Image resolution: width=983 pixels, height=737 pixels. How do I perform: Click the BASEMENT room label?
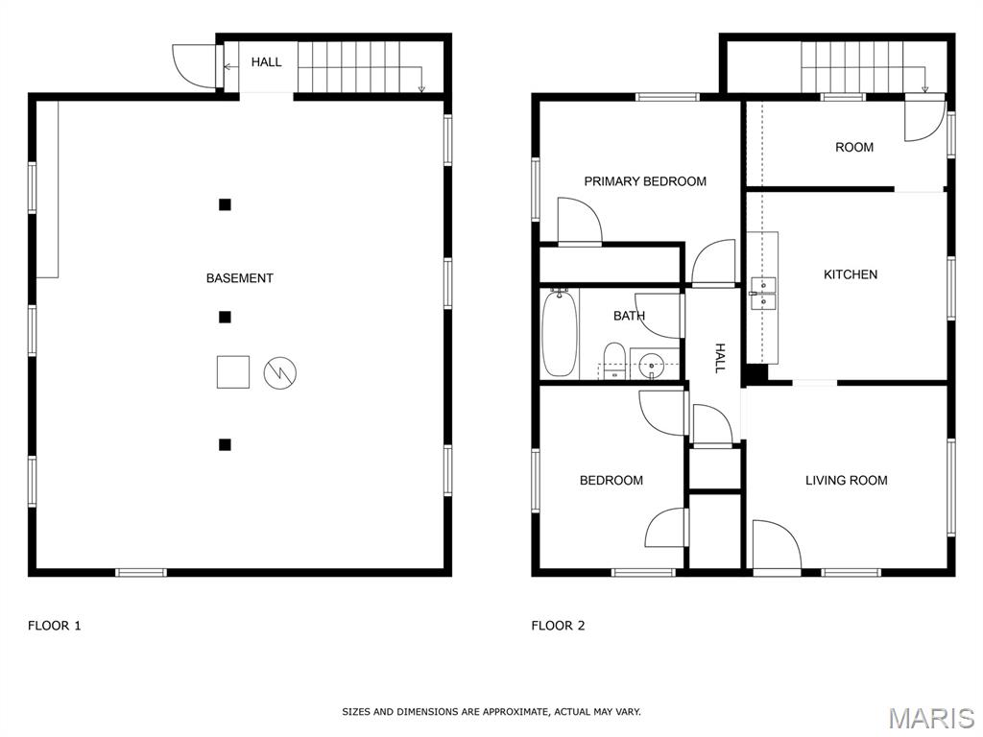click(239, 278)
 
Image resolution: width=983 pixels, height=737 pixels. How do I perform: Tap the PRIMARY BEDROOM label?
click(645, 181)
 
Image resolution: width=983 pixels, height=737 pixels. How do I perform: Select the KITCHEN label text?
click(851, 274)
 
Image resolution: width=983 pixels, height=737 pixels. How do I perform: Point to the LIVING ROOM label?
click(847, 481)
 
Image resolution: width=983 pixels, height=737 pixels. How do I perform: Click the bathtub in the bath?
click(560, 333)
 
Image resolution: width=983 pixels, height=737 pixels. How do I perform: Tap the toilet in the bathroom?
click(613, 361)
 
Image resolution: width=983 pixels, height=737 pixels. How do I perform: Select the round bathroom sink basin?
click(653, 365)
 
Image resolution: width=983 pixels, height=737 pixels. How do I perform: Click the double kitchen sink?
click(763, 294)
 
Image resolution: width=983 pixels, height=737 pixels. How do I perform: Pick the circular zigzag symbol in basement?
click(279, 372)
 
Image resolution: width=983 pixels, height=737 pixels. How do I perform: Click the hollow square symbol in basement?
click(233, 371)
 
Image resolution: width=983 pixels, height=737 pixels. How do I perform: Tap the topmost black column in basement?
click(225, 204)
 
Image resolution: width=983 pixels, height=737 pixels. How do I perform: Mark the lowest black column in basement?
click(225, 444)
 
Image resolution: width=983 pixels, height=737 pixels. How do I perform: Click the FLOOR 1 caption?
click(55, 626)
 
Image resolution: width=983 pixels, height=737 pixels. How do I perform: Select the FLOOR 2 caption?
click(558, 626)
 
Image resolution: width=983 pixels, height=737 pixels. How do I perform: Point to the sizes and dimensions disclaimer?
click(491, 712)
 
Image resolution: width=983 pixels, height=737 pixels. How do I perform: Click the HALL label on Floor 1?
click(267, 62)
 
